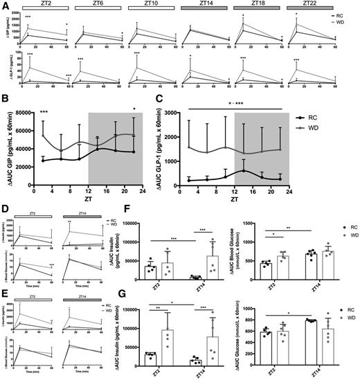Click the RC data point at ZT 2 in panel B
click(44, 179)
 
